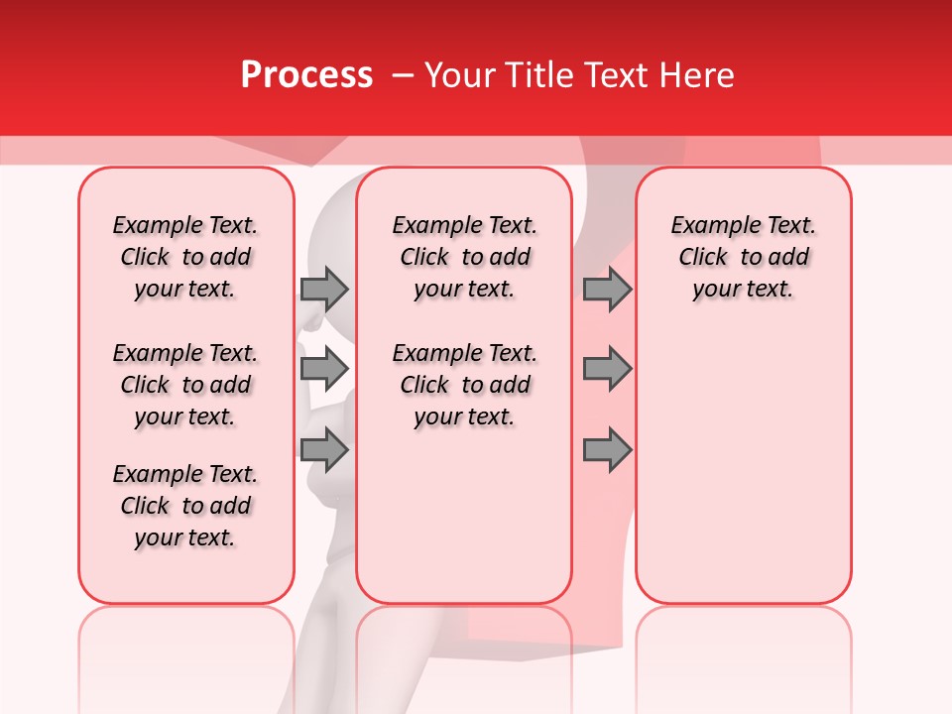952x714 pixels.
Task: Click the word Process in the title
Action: (x=306, y=75)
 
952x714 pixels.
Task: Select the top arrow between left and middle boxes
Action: (x=324, y=289)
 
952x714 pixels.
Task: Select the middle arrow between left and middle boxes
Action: (x=324, y=368)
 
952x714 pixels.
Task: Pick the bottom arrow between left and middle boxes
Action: (x=324, y=450)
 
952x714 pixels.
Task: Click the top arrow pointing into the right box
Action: (x=607, y=289)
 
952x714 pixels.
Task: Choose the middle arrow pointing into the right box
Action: (x=607, y=368)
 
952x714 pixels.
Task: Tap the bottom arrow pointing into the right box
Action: (x=607, y=450)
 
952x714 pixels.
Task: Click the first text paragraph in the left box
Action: (x=185, y=257)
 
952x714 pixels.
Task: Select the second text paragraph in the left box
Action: (x=185, y=385)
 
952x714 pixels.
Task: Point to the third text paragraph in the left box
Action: (x=185, y=506)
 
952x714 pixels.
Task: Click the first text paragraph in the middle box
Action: (x=464, y=257)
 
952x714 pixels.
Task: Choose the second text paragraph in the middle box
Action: (x=464, y=385)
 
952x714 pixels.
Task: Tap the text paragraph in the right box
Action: (x=744, y=257)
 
